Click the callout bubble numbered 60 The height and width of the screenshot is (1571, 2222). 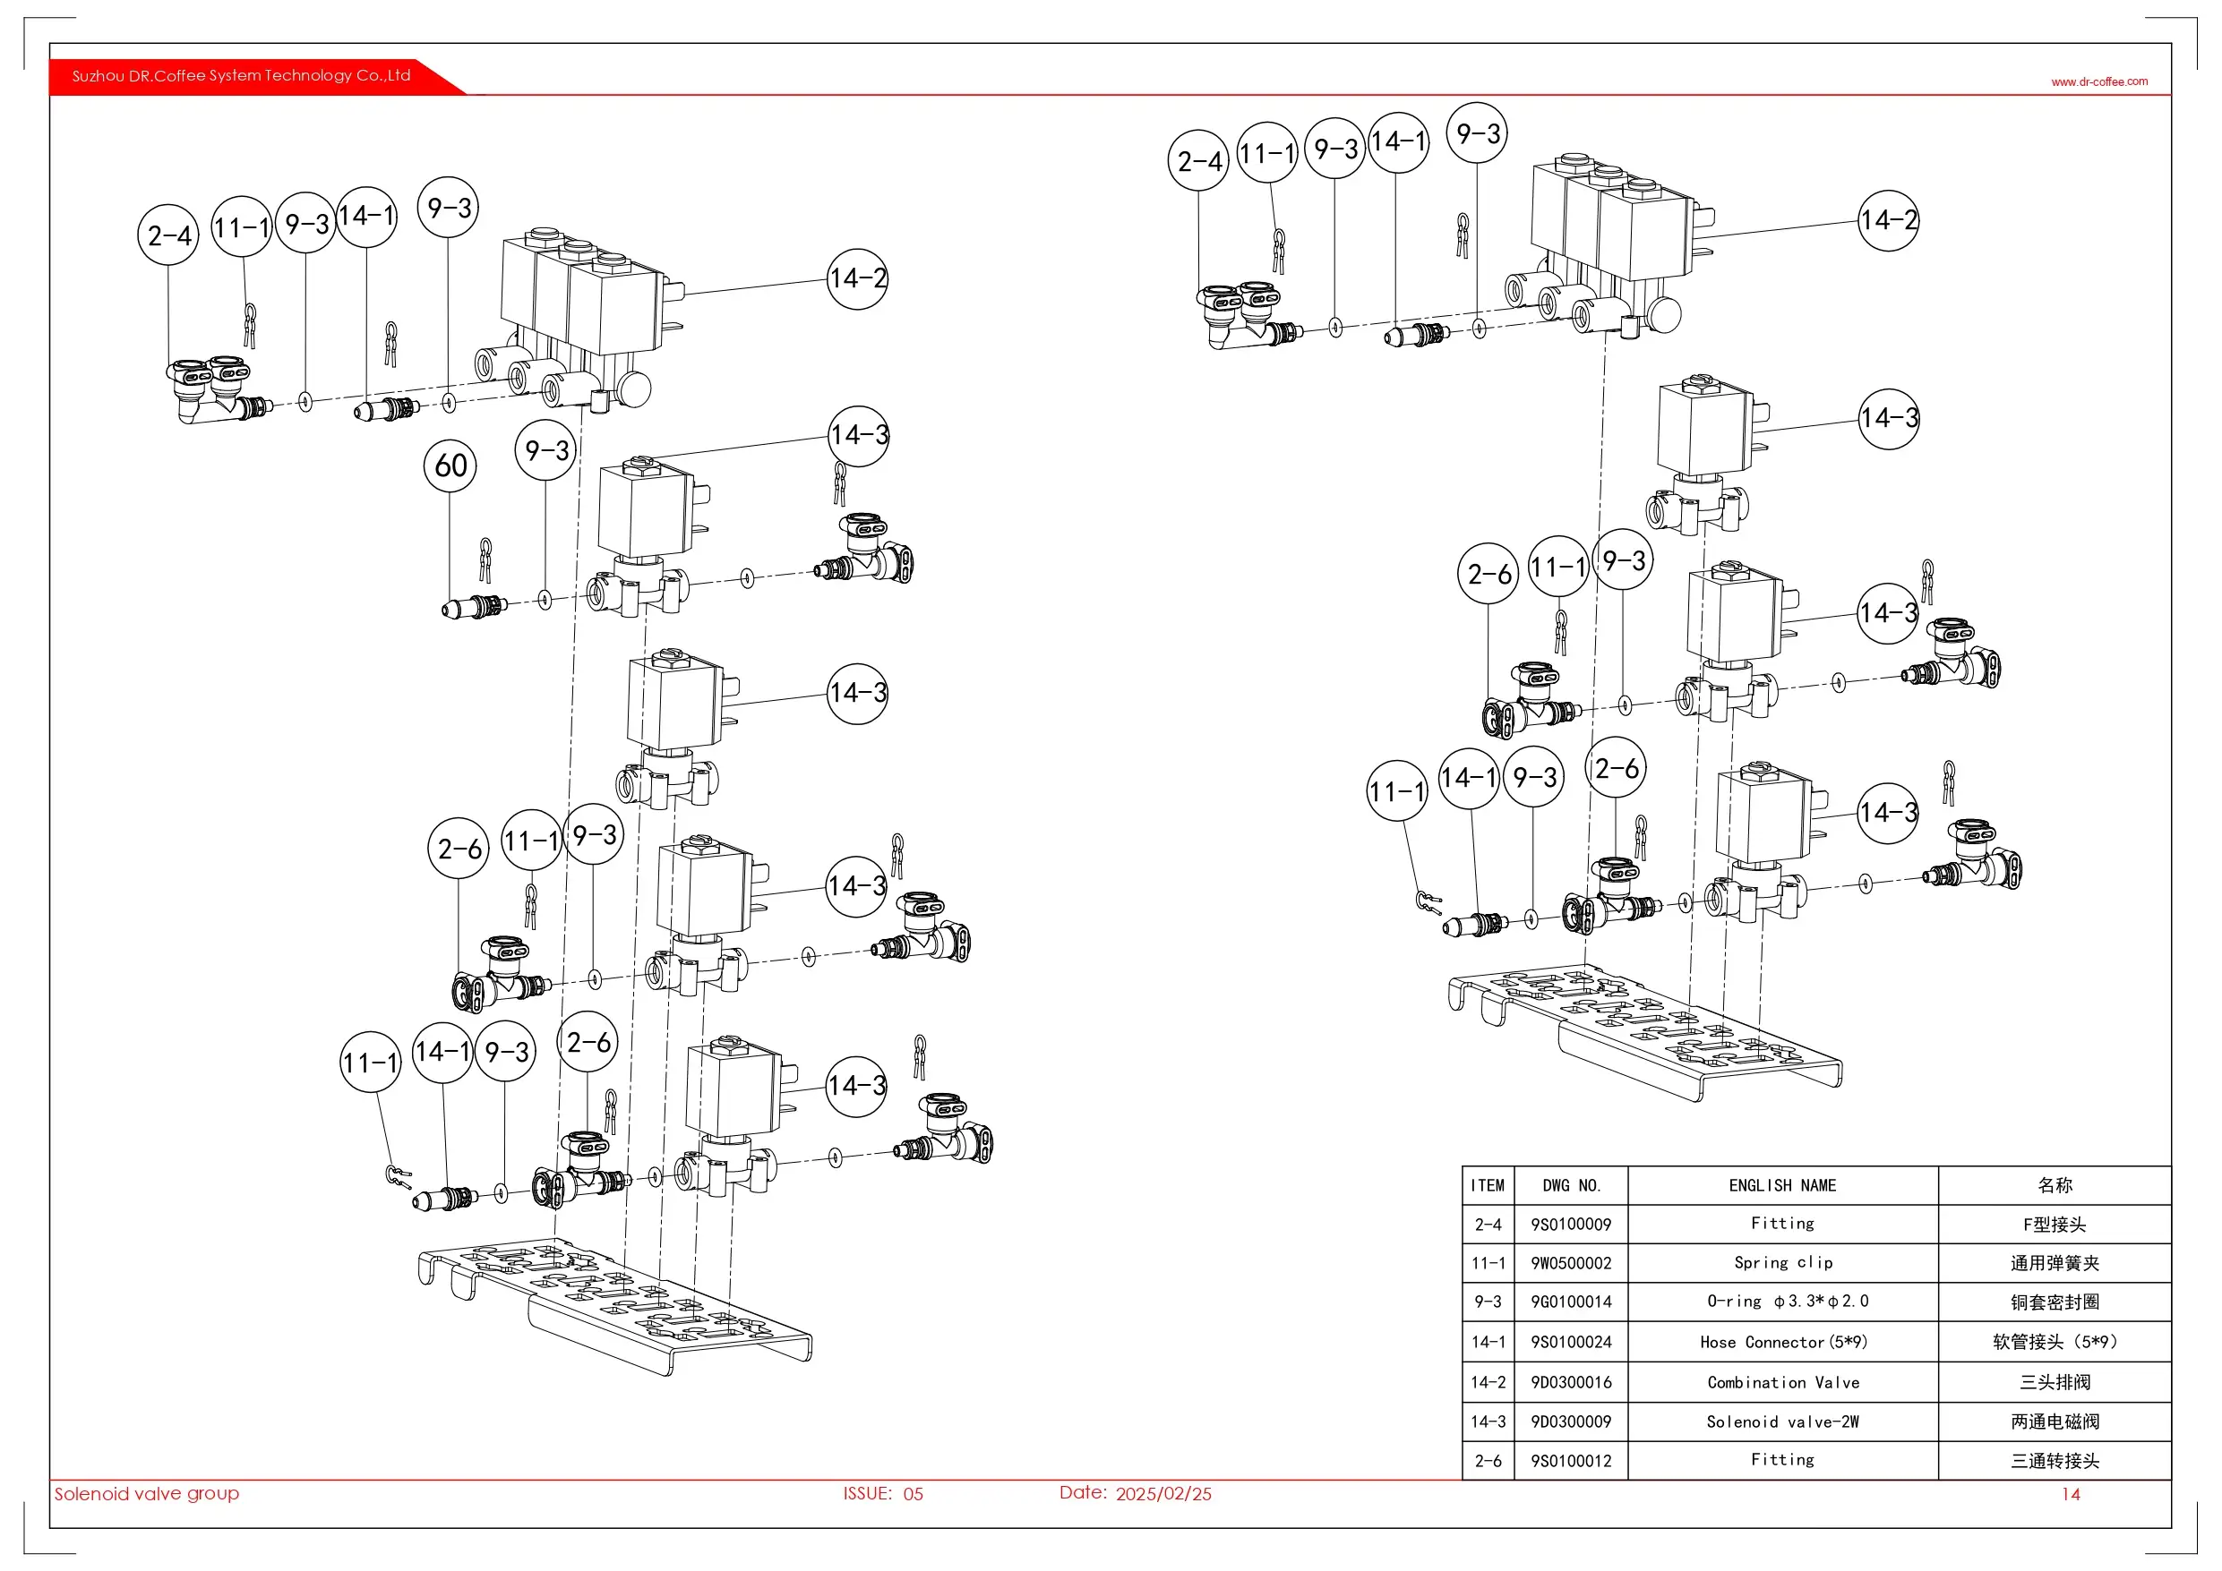450,465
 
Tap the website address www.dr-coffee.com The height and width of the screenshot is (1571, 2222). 2098,82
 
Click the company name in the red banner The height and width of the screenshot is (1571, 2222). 241,75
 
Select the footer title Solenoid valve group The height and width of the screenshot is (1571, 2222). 146,1494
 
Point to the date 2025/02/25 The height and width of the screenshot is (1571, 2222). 1162,1494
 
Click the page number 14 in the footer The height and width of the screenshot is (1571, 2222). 2070,1495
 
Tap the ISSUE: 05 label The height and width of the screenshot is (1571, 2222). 882,1494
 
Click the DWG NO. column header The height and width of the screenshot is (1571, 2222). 1571,1186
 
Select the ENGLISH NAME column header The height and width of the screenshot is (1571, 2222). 1781,1186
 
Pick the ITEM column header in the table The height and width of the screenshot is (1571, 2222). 1488,1186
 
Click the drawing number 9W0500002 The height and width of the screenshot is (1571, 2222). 1571,1263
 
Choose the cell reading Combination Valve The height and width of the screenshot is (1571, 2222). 1782,1382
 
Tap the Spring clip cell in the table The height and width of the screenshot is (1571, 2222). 1782,1263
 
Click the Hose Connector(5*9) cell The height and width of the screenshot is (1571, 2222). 1782,1343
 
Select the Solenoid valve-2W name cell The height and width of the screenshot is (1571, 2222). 1782,1422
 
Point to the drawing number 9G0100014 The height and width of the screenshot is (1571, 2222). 1571,1302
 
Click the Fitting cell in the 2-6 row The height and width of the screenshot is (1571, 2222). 1782,1461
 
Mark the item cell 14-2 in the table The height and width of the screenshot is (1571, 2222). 1488,1382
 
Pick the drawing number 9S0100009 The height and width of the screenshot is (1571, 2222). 1571,1225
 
